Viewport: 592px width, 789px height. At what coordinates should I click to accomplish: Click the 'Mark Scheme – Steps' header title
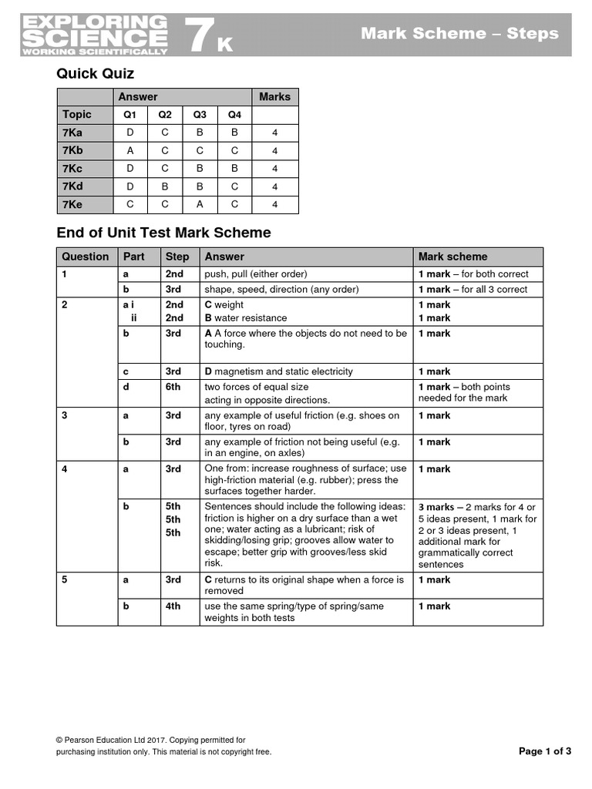(459, 33)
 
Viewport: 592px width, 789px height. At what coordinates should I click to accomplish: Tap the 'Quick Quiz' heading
(96, 74)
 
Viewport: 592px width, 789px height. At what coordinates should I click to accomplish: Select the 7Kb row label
(72, 150)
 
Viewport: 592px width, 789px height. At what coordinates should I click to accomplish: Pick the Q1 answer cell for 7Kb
(129, 150)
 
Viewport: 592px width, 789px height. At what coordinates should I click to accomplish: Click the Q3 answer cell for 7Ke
(200, 204)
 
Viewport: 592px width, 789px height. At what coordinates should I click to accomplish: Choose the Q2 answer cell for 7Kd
(165, 186)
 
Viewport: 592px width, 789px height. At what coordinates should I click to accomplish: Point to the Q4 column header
(234, 115)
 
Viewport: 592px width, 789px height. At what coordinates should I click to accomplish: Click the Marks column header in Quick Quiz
(274, 96)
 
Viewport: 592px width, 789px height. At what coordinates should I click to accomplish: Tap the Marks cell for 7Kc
(274, 168)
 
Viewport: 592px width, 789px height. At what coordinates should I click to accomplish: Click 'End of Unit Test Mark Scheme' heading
(164, 233)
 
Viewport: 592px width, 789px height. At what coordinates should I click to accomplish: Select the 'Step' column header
(177, 257)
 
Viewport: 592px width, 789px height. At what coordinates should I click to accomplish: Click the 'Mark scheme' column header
(452, 257)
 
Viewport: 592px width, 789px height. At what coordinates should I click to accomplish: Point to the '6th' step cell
(173, 387)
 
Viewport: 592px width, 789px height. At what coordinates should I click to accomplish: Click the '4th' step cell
(173, 606)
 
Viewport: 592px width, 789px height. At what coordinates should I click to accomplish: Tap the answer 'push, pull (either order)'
(255, 274)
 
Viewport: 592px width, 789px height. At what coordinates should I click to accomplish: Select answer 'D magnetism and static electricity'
(278, 371)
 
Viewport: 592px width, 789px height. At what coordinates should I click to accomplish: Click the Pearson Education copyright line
(150, 740)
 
